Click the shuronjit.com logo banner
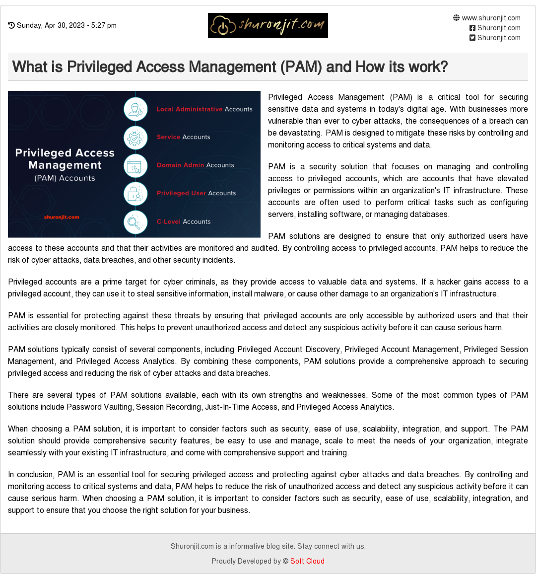(x=268, y=25)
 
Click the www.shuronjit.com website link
(x=491, y=18)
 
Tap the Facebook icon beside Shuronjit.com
(x=472, y=28)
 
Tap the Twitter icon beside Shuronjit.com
(x=472, y=38)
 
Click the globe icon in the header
(x=457, y=18)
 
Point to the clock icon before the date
(x=11, y=25)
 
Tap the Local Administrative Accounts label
(x=204, y=109)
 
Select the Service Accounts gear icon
(x=135, y=138)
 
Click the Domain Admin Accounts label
(x=195, y=165)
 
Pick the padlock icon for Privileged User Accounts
(x=135, y=194)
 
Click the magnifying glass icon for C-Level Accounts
(x=135, y=222)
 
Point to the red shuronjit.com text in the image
(x=62, y=217)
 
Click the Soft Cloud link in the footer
(x=307, y=561)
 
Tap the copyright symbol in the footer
(x=285, y=561)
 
